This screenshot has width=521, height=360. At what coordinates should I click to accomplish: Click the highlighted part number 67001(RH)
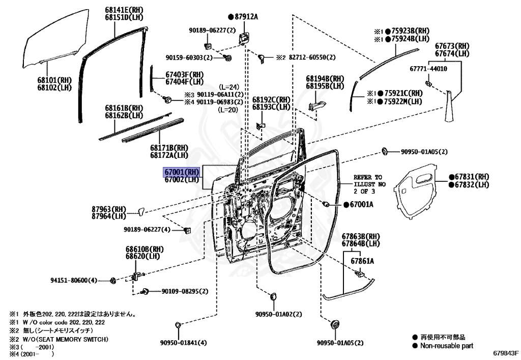click(181, 172)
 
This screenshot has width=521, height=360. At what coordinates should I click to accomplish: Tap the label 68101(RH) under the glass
click(54, 80)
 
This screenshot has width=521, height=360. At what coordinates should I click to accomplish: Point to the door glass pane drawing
click(51, 40)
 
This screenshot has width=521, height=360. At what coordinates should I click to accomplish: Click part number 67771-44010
click(428, 68)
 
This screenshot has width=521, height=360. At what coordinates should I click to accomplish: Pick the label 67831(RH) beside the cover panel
click(472, 177)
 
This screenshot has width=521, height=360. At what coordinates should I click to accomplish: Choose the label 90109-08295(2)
click(185, 291)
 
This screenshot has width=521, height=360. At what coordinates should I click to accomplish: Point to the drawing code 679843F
click(505, 352)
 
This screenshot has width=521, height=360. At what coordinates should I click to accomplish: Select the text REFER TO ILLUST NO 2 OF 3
click(370, 184)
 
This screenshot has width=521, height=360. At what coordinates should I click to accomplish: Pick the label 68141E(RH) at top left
click(125, 10)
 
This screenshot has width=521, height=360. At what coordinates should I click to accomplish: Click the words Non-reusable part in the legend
click(446, 346)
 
